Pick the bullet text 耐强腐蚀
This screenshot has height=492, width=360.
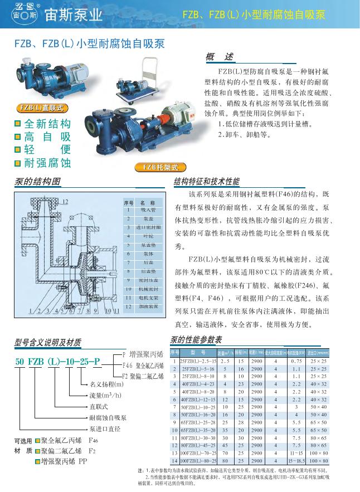(x=48, y=163)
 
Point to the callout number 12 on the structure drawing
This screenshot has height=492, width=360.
(x=65, y=202)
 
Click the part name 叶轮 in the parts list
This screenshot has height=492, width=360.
(x=148, y=236)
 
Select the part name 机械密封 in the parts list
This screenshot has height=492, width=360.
(x=148, y=289)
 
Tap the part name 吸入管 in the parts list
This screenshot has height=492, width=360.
(x=148, y=210)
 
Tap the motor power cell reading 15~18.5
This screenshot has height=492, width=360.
(x=296, y=461)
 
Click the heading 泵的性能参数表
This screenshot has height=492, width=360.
(x=196, y=340)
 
